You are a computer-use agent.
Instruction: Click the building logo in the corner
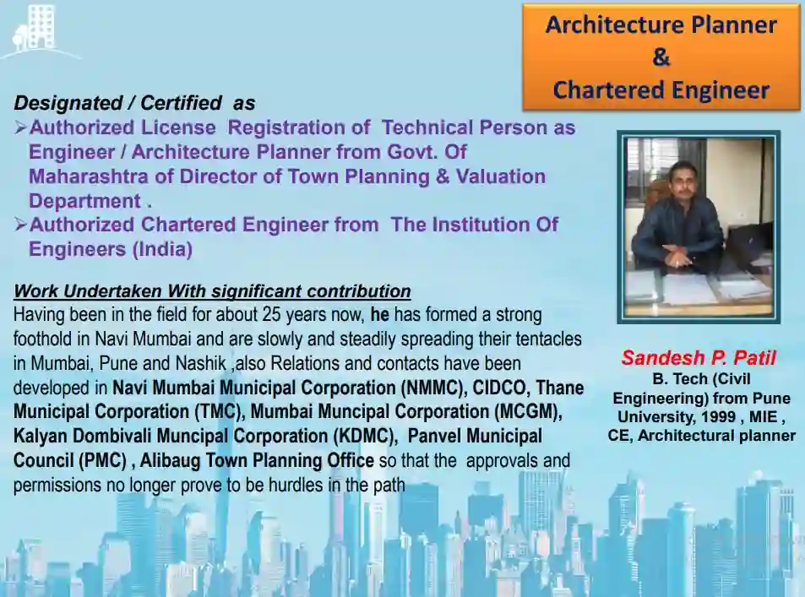tap(35, 30)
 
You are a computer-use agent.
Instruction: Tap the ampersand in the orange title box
tap(661, 57)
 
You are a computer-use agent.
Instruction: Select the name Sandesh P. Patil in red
tap(699, 357)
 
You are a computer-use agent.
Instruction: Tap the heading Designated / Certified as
tap(134, 103)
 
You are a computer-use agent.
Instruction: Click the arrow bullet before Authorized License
tap(20, 127)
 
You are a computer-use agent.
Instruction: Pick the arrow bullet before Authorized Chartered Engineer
tap(20, 225)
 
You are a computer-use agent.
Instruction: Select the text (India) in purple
tap(162, 249)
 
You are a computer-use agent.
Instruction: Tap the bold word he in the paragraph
tap(379, 314)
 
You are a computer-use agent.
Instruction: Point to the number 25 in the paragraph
tap(272, 314)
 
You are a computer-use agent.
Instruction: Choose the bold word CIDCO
tap(499, 388)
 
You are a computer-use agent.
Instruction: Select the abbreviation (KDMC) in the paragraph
tap(365, 437)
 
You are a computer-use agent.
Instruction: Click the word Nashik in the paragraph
tap(201, 363)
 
